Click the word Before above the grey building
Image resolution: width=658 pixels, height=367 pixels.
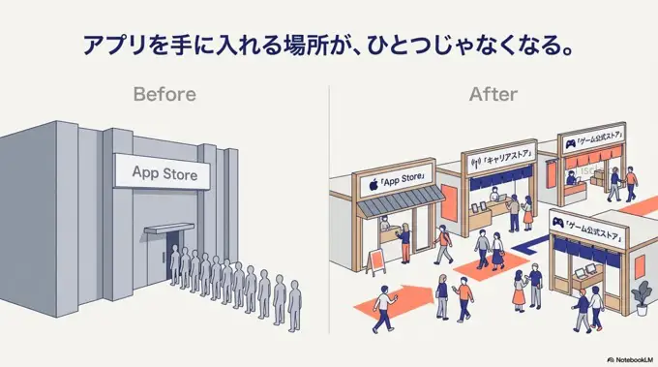pos(164,94)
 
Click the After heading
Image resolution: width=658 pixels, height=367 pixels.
pos(493,94)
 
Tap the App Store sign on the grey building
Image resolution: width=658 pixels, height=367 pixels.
pos(164,174)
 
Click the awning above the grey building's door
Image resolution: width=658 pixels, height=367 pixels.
pos(170,229)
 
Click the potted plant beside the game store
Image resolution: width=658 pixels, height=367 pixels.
pos(640,291)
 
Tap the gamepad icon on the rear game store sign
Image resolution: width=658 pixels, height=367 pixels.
pos(570,141)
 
